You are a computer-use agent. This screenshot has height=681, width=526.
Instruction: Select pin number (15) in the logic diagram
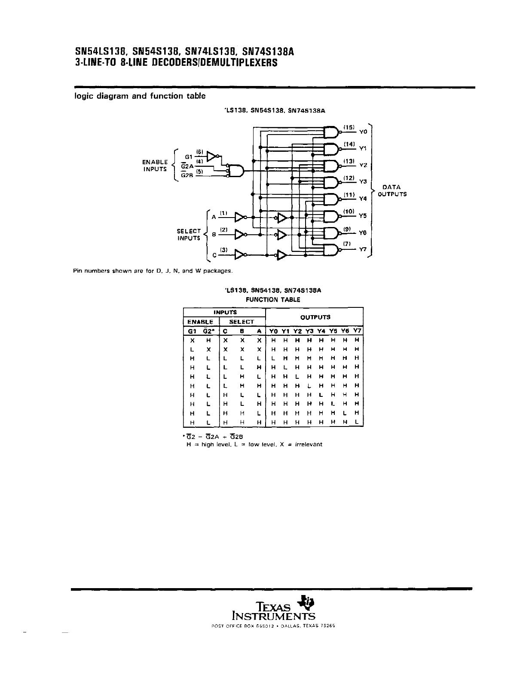point(349,127)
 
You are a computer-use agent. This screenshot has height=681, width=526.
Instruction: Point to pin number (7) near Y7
point(347,244)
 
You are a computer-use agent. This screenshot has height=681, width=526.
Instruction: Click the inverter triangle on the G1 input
point(212,155)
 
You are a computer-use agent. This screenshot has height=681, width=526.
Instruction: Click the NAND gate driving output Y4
point(331,199)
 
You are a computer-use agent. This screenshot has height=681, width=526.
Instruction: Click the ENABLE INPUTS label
point(155,166)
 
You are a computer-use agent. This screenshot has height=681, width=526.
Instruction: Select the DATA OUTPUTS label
point(391,190)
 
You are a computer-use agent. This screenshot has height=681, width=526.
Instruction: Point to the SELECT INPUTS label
point(189,234)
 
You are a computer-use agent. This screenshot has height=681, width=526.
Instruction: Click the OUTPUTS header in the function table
point(315,317)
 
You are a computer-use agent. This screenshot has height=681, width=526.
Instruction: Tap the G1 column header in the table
point(192,331)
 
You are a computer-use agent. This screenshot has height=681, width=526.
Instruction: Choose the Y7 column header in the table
point(357,331)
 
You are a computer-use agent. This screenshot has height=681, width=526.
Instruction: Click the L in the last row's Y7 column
point(357,422)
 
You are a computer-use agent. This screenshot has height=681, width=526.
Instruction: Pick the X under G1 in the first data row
point(192,340)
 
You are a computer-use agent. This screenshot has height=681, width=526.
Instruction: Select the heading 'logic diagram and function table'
point(140,96)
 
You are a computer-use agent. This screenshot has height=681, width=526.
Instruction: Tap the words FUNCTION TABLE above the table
point(273,299)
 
